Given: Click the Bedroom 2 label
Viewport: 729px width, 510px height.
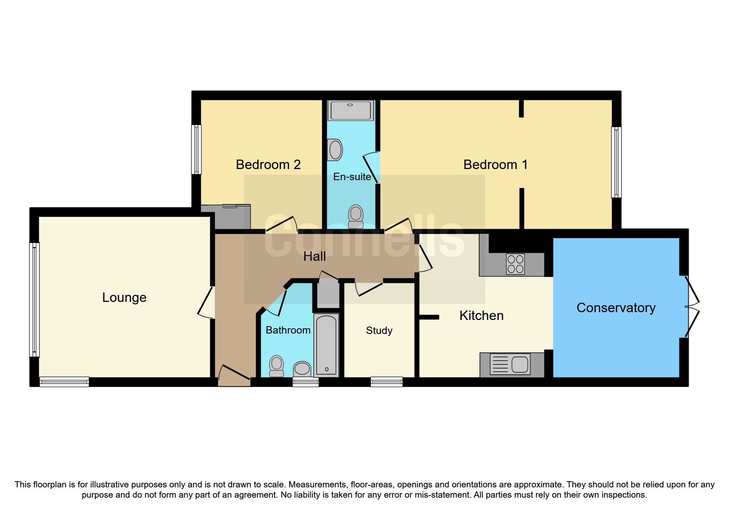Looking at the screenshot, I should [x=268, y=165].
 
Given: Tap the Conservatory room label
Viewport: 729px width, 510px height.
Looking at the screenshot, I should [x=616, y=308].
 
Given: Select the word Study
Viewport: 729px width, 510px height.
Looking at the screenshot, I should [x=379, y=330].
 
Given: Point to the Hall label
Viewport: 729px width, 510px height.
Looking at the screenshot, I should [x=314, y=256].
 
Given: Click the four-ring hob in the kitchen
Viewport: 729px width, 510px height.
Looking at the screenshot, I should [x=515, y=264].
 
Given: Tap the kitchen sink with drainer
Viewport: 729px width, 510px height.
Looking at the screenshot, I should [x=510, y=364].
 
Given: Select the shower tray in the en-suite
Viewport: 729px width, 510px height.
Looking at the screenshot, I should [x=351, y=110].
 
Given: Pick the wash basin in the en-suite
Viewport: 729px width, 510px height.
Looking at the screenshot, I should [x=335, y=150].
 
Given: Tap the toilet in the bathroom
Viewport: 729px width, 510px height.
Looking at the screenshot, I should [x=277, y=366].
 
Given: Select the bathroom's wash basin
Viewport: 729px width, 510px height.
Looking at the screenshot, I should [x=302, y=369].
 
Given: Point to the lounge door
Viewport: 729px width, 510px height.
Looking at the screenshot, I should [x=206, y=302].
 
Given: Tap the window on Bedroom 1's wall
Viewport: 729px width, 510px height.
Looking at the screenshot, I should [x=616, y=162].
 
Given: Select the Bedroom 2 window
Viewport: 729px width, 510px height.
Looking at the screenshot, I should [x=196, y=149].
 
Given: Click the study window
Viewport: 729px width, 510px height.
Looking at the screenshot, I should [x=386, y=382].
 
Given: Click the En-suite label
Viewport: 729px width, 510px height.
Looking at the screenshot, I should [x=352, y=177].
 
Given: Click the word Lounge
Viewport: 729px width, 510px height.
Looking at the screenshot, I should [x=124, y=297].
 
